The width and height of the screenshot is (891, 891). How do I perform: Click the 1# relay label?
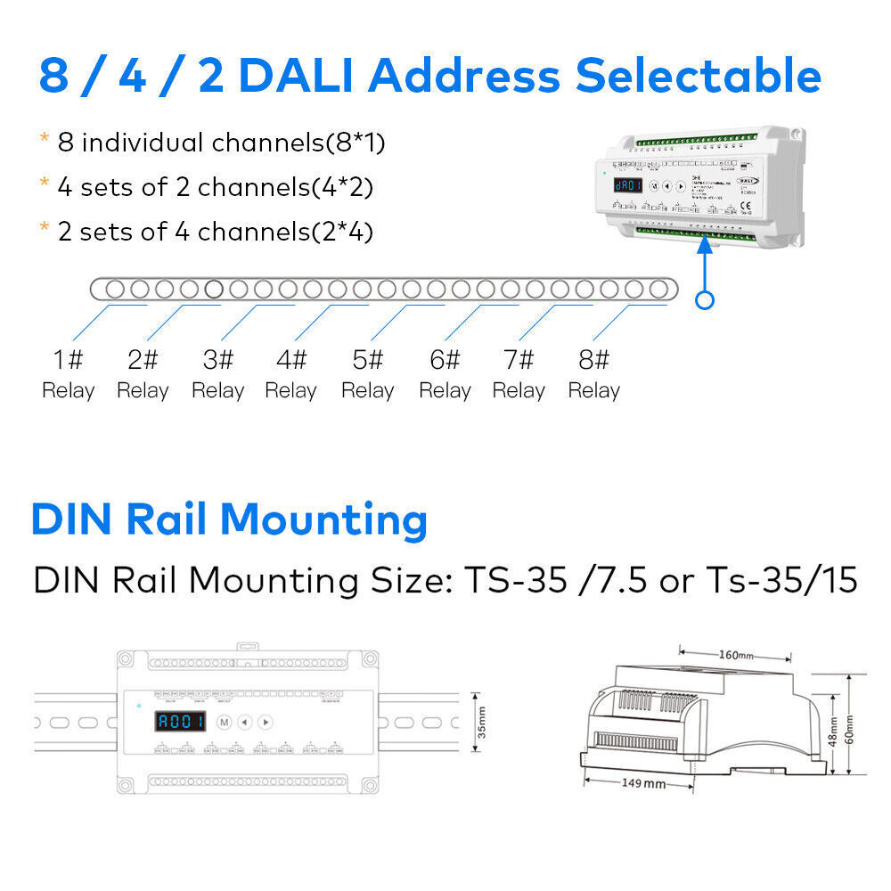[x=68, y=375]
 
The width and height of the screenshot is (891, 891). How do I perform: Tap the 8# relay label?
[x=594, y=375]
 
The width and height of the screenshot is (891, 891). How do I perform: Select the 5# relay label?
[x=368, y=375]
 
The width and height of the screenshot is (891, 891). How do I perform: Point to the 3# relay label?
[x=218, y=375]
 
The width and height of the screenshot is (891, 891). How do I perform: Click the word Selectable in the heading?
[x=698, y=77]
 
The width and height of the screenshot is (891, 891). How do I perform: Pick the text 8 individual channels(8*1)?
[x=221, y=143]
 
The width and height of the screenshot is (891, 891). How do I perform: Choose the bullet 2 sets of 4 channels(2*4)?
[x=215, y=232]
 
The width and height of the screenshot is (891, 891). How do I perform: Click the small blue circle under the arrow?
[x=705, y=300]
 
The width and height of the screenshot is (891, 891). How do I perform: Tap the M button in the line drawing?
[x=225, y=722]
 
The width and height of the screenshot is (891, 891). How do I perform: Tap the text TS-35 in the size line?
[x=515, y=581]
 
